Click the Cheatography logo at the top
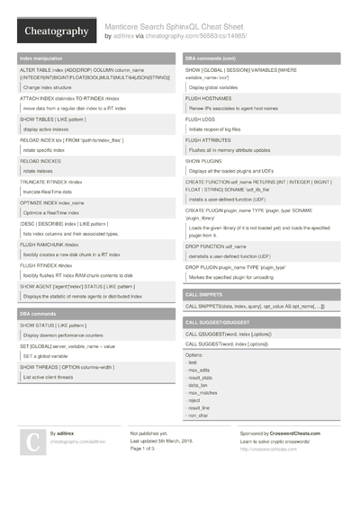click(55, 31)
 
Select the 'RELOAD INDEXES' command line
click(42, 158)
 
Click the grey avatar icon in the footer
click(31, 442)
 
